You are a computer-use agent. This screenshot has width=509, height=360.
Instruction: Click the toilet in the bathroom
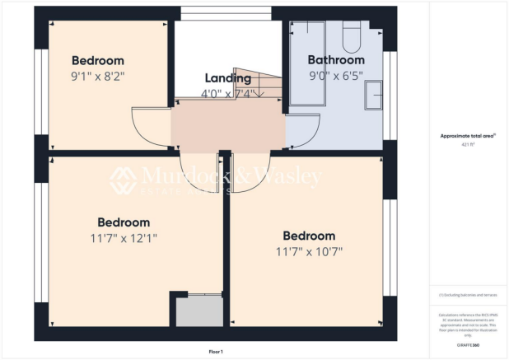pos(352,37)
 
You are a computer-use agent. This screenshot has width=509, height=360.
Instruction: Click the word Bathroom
pos(336,60)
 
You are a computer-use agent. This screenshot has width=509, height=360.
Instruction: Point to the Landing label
pos(228,78)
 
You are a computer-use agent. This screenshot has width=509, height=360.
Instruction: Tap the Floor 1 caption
pos(216,352)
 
